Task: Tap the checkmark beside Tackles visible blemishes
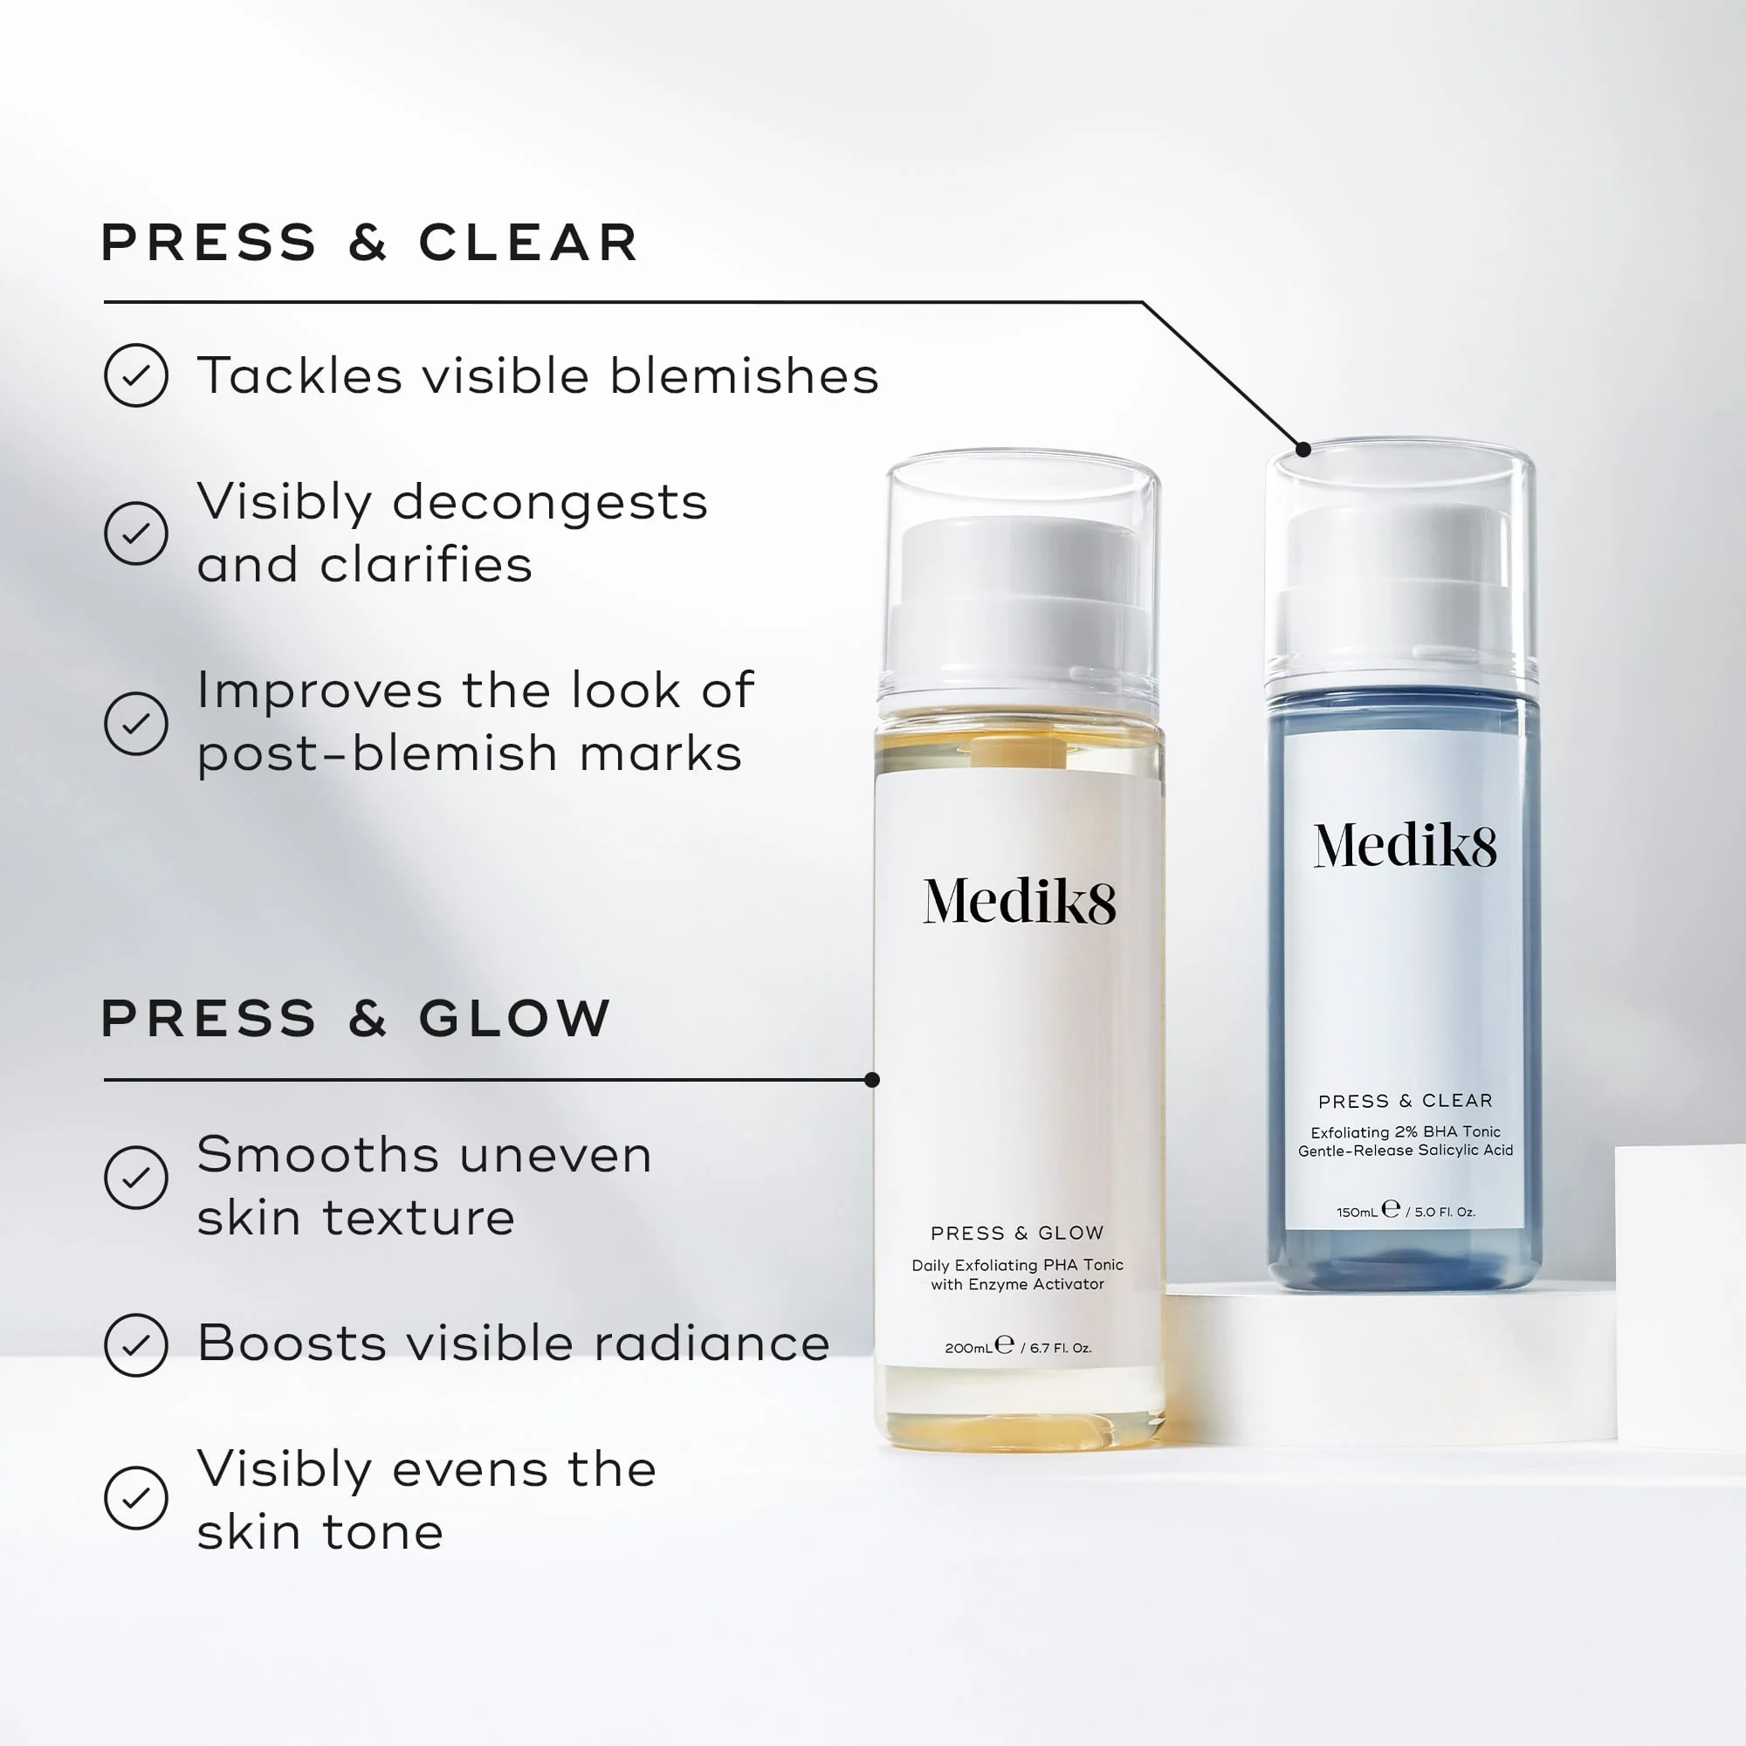pos(135,375)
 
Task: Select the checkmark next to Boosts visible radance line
pos(135,1344)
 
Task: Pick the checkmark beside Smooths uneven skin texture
pos(135,1177)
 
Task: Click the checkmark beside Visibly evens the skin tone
pos(135,1497)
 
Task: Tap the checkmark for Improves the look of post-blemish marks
pos(135,723)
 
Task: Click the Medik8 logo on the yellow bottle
pos(1019,901)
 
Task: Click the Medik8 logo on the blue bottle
pos(1405,846)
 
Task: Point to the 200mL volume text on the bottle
pos(969,1347)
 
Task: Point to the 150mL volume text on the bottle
pos(1357,1212)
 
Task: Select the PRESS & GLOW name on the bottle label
pos(1017,1233)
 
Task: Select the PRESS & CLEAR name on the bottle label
pos(1405,1101)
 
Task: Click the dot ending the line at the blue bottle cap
pos(1303,449)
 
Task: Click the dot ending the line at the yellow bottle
pos(872,1079)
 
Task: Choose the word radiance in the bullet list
pos(712,1344)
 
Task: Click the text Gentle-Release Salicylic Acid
pos(1405,1151)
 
